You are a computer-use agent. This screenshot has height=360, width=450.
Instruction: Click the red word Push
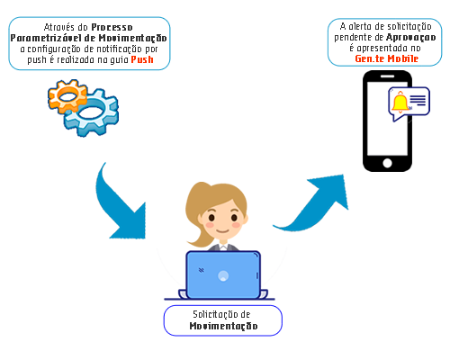[x=142, y=59]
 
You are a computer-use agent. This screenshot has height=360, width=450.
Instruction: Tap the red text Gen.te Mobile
[x=386, y=58]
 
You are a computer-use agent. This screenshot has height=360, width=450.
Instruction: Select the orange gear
[x=67, y=96]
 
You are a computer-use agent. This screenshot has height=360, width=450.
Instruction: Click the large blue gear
[x=92, y=112]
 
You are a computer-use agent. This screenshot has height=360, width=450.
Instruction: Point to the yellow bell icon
[x=400, y=103]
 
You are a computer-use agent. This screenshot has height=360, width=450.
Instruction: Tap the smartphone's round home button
[x=387, y=163]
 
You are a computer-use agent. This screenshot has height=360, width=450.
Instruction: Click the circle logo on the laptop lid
[x=223, y=275]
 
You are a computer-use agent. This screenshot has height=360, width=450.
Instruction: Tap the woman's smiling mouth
[x=223, y=231]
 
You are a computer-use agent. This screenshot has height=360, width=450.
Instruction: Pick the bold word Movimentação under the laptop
[x=223, y=326]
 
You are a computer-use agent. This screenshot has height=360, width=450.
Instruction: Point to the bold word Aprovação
[x=411, y=38]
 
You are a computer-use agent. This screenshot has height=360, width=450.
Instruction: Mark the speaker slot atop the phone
[x=387, y=76]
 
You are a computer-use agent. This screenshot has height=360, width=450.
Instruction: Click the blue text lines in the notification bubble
[x=418, y=100]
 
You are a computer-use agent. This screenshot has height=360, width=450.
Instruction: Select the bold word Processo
[x=112, y=27]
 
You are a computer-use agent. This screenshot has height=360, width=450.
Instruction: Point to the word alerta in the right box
[x=361, y=26]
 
